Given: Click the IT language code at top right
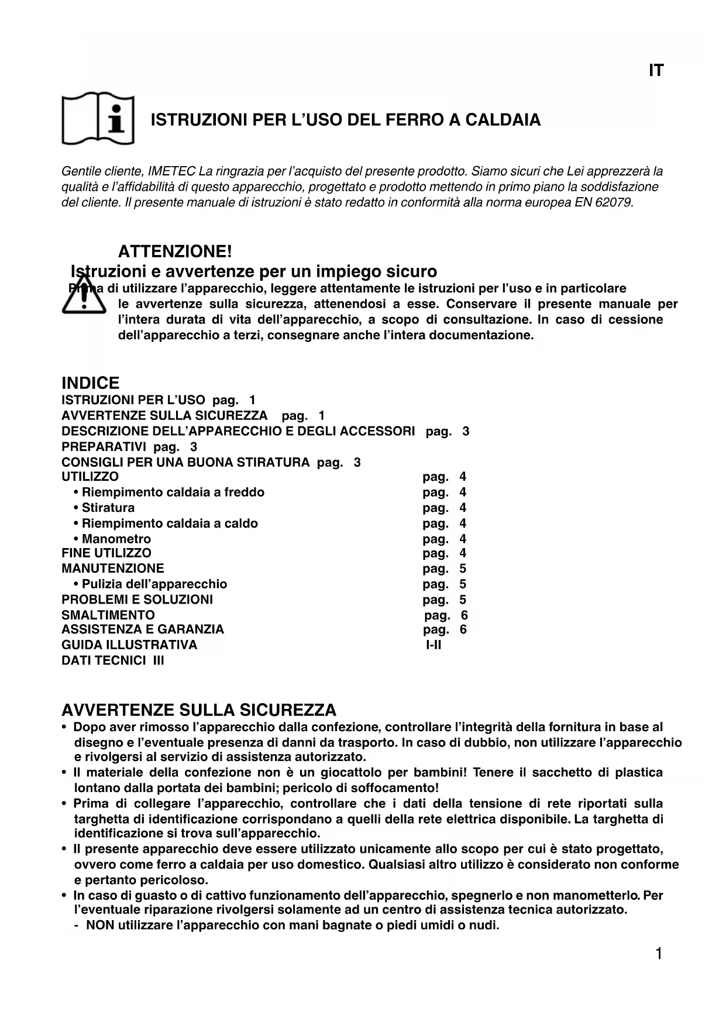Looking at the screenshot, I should pos(656,71).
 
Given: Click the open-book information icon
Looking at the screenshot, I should pos(98,118).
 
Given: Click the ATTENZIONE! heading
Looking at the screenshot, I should pos(175,252).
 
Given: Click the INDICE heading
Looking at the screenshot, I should pos(90,384).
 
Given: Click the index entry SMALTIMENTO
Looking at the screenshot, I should pos(108,615).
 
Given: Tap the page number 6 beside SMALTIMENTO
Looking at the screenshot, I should pos(464,615).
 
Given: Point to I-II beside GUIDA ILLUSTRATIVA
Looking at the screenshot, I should pos(433,645).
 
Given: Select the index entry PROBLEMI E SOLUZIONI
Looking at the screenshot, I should pos(137,600).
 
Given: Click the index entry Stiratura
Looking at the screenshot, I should pos(108,508).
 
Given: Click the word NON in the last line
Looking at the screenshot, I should pos(99,925).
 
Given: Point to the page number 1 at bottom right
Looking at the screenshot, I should pos(658,954).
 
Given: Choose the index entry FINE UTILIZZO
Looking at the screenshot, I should pos(106,553).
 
